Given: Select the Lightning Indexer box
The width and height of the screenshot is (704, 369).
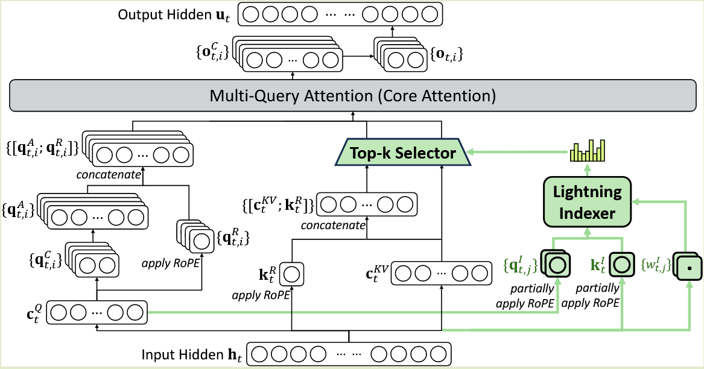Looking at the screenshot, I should (588, 202).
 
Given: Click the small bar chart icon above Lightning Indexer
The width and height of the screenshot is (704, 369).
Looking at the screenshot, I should (588, 151).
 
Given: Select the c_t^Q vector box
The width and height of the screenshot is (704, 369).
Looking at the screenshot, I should (97, 313).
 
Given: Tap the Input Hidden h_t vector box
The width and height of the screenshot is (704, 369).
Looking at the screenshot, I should (349, 354).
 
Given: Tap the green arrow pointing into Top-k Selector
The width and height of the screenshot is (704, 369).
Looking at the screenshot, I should (513, 153).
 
